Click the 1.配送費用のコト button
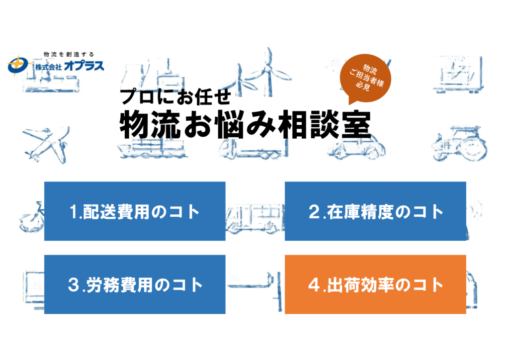(x=135, y=211)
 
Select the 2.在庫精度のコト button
(x=375, y=211)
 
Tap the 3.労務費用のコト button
(x=135, y=284)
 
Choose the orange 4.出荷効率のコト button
(x=375, y=284)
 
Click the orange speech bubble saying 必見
(x=365, y=78)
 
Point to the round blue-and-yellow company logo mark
(x=18, y=66)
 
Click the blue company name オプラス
(x=84, y=66)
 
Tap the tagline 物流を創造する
(x=69, y=54)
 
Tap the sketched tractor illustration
(x=459, y=144)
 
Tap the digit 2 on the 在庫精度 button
(x=314, y=212)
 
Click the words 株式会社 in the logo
(x=48, y=67)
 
